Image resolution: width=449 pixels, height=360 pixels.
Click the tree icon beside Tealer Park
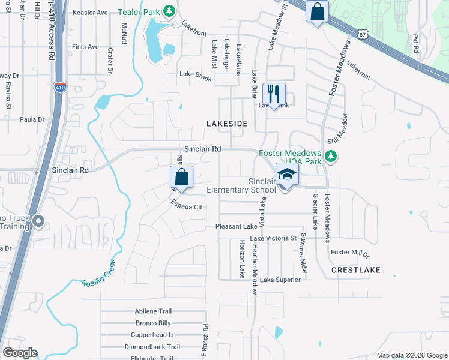(x=170, y=11)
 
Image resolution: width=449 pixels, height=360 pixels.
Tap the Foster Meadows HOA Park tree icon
(x=330, y=157)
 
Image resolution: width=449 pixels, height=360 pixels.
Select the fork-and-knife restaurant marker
(x=274, y=94)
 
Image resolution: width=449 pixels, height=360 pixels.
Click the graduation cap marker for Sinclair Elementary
(x=287, y=175)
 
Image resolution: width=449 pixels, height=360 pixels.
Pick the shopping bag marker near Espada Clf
(x=181, y=178)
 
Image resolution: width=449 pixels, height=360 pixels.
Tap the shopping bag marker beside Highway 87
(x=316, y=11)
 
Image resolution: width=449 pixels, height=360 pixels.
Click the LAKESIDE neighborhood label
(x=227, y=123)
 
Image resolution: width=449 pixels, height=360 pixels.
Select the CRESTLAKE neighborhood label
(x=355, y=271)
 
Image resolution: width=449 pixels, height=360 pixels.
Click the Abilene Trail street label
(x=153, y=311)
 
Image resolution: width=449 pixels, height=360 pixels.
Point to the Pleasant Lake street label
(x=237, y=227)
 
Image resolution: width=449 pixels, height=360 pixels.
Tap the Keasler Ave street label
(x=89, y=12)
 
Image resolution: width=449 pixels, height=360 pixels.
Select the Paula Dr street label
(x=32, y=119)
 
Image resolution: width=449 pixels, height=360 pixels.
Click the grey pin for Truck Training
(x=39, y=222)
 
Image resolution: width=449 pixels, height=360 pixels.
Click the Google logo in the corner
(x=20, y=353)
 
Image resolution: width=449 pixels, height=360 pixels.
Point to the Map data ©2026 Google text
(x=411, y=355)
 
